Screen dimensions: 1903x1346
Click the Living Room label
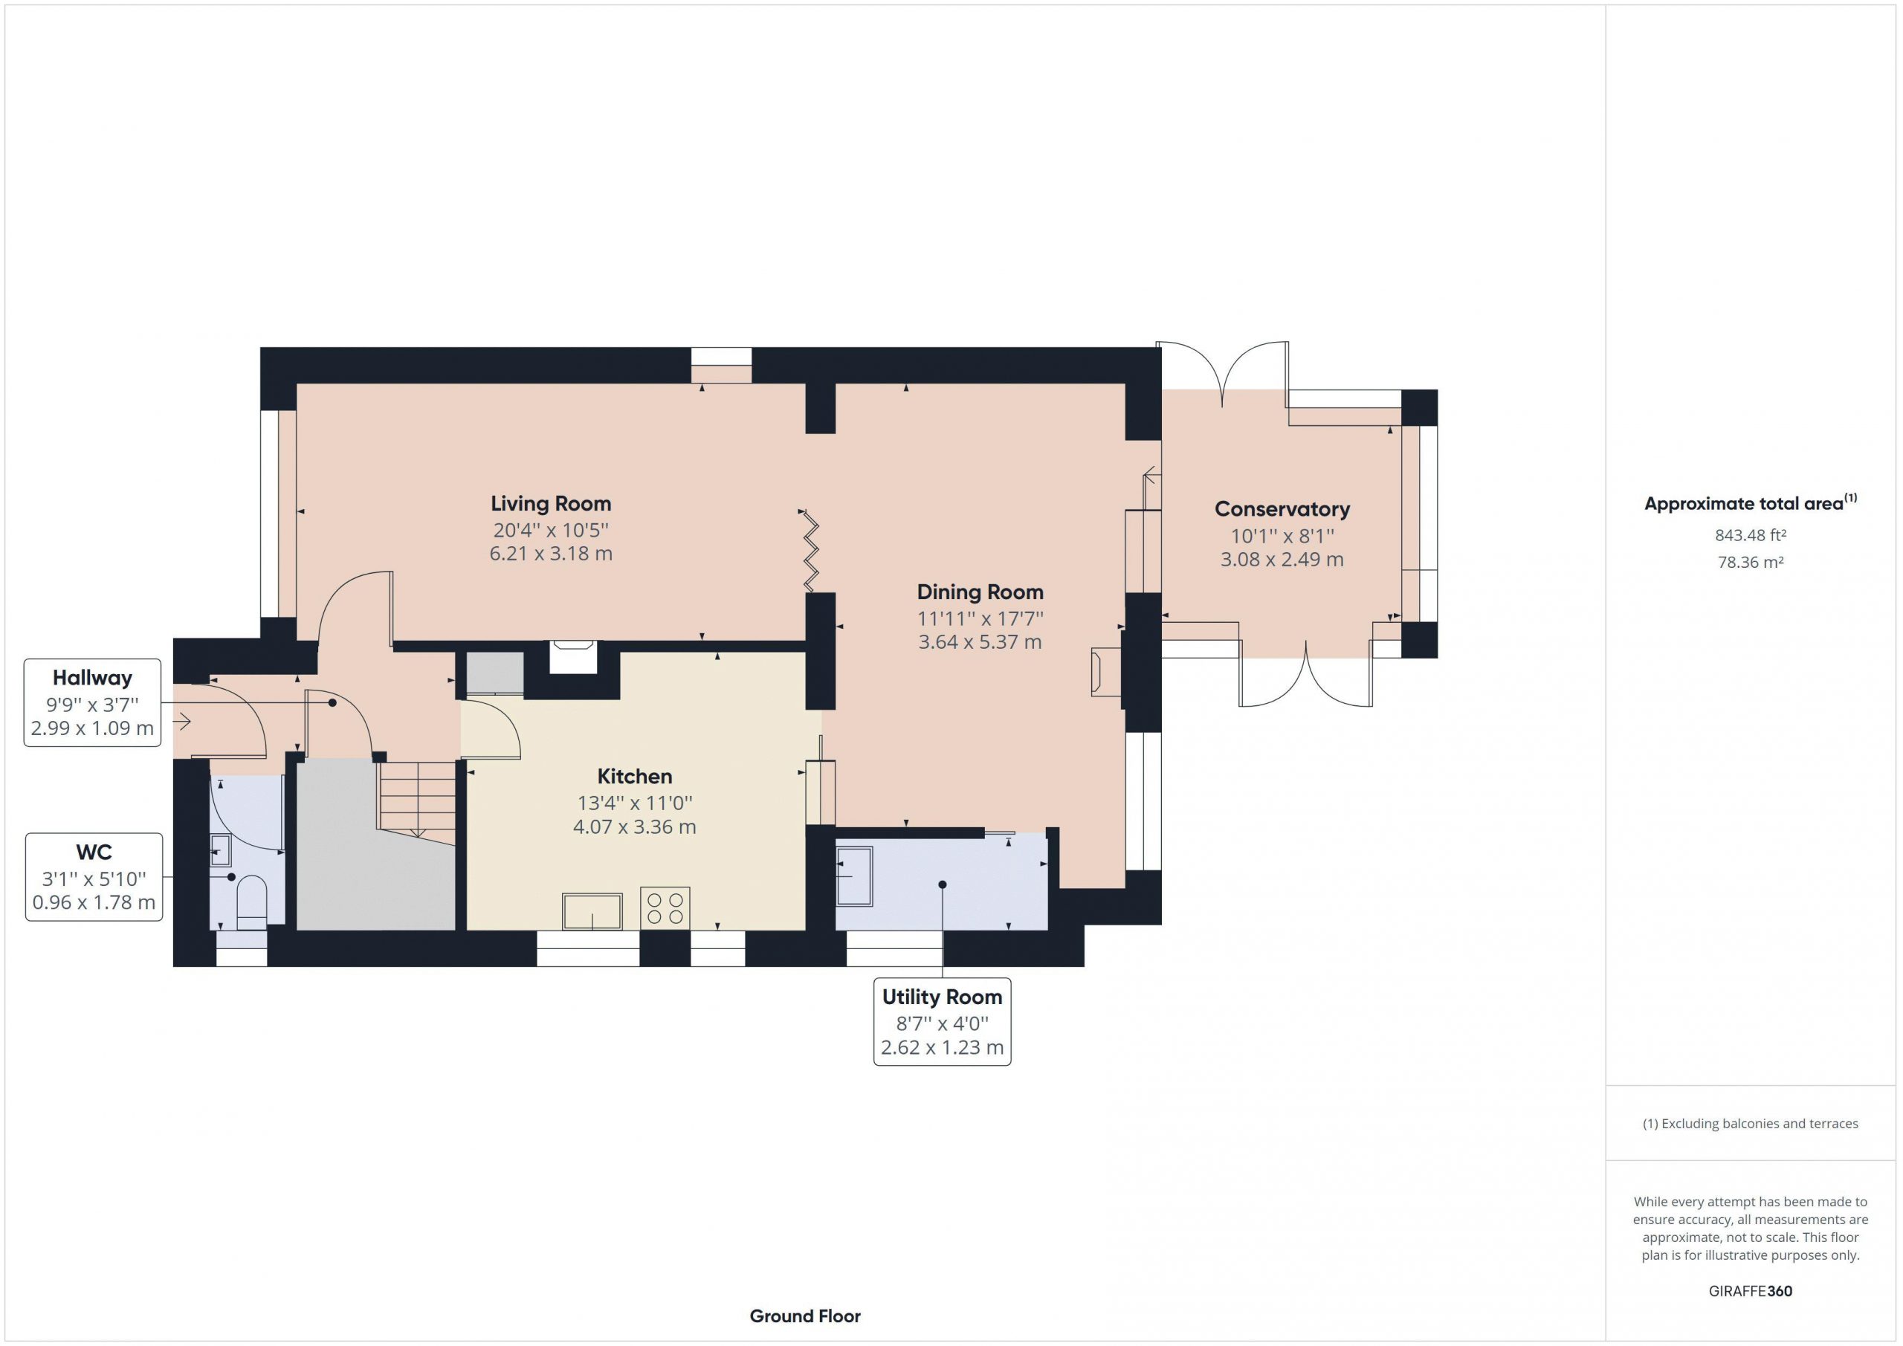[x=550, y=504]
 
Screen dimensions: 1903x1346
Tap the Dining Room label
[x=980, y=592]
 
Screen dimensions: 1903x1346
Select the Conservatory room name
[x=1282, y=510]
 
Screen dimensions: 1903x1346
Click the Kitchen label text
[x=635, y=777]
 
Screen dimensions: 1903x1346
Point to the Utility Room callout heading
[x=943, y=997]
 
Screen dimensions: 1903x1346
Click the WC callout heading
[x=94, y=852]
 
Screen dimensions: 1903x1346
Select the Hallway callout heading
[x=92, y=678]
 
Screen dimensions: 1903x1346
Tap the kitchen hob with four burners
[x=665, y=907]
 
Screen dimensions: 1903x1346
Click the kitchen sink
[x=592, y=911]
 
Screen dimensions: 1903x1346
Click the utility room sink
[x=855, y=876]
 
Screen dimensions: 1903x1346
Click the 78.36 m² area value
[x=1751, y=563]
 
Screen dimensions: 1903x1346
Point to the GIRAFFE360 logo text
[x=1751, y=1291]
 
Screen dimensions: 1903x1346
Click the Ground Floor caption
[x=805, y=1316]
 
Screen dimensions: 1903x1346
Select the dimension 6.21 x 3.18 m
[x=551, y=554]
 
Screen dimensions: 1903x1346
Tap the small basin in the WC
[x=221, y=850]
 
